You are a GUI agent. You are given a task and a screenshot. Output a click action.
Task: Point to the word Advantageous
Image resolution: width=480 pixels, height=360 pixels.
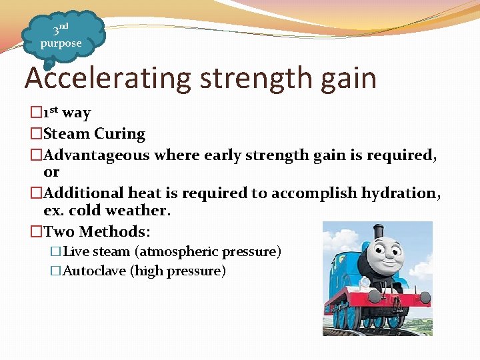point(97,155)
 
